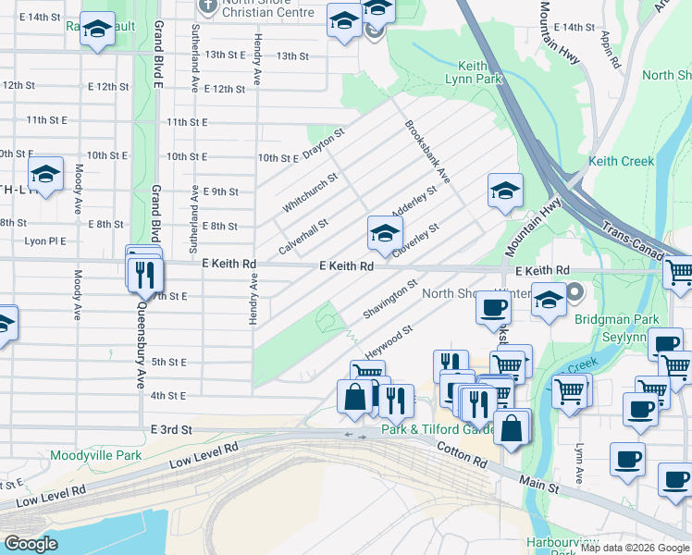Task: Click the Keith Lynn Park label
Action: pyautogui.click(x=479, y=72)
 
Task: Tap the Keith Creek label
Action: pyautogui.click(x=622, y=161)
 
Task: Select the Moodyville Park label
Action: pyautogui.click(x=96, y=455)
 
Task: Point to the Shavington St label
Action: pyautogui.click(x=390, y=301)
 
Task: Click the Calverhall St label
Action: pyautogui.click(x=303, y=238)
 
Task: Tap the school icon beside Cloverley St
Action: pyautogui.click(x=385, y=232)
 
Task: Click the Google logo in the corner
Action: pyautogui.click(x=31, y=544)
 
